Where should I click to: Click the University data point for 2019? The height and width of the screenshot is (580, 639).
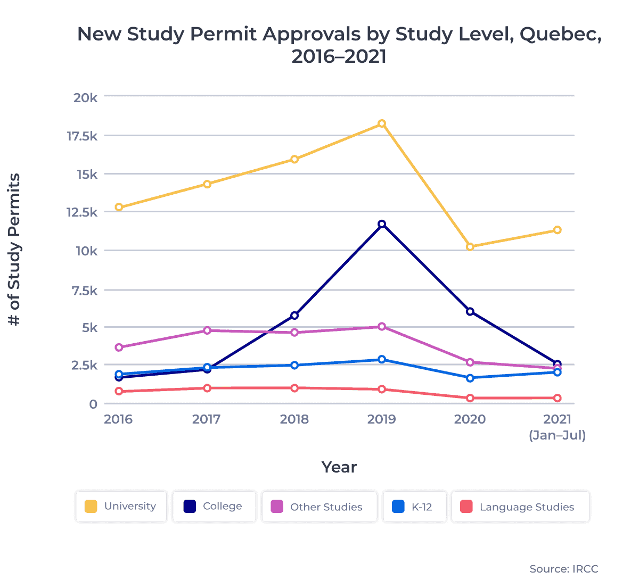tap(382, 123)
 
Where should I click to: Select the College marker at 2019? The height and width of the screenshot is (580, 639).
tap(382, 224)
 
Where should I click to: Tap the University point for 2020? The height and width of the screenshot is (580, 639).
tap(470, 246)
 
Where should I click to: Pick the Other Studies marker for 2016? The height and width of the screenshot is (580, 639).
tap(119, 347)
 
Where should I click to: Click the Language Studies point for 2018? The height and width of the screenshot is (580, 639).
tap(294, 388)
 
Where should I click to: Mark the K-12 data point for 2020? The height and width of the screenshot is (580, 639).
tap(470, 378)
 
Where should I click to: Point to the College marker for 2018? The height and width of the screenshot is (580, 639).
tap(294, 316)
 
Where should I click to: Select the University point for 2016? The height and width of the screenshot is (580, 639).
tap(119, 207)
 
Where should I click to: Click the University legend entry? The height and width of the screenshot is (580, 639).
tap(121, 507)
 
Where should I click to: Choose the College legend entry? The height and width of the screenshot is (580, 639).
tap(214, 507)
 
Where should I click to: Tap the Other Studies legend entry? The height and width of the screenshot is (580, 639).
tap(318, 507)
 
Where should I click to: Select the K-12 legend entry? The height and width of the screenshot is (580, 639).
tap(414, 507)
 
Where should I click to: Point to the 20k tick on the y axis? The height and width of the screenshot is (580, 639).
tap(85, 97)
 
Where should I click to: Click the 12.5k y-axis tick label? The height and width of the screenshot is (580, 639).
tap(81, 212)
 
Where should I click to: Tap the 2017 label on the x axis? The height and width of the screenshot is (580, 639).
tap(206, 419)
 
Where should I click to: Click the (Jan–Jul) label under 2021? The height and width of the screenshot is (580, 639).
tap(557, 435)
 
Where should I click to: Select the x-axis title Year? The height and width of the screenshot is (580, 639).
tap(339, 467)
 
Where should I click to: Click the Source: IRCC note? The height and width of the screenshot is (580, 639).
tap(563, 569)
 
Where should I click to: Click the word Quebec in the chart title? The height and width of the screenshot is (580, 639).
tap(560, 34)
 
